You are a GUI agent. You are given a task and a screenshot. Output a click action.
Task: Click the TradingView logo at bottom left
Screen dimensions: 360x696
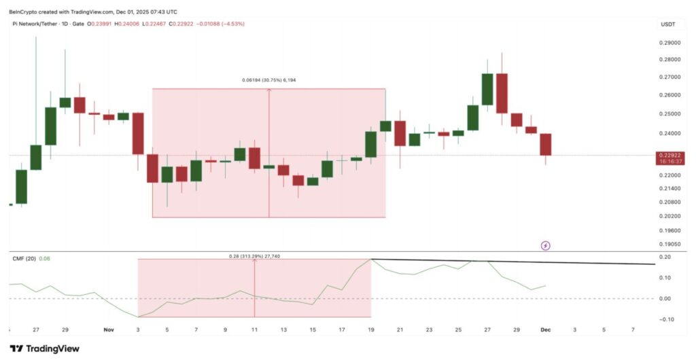coord(45,348)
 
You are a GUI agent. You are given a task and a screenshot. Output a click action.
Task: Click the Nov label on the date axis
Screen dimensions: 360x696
coord(109,329)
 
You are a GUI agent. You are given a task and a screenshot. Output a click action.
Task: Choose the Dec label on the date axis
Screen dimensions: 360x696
coord(544,329)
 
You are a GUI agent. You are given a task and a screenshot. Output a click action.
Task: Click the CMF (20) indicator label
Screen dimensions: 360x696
coord(23,258)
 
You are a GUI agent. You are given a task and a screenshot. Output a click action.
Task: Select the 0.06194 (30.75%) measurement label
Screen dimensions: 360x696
coord(268,80)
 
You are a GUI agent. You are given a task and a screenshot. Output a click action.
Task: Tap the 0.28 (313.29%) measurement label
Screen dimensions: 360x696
coord(254,256)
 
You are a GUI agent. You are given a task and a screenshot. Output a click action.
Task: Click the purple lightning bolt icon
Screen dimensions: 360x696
coord(545,245)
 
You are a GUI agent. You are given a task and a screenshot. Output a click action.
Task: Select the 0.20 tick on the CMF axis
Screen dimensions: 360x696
coord(665,257)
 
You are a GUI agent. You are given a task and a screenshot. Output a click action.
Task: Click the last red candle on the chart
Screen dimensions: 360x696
coord(545,145)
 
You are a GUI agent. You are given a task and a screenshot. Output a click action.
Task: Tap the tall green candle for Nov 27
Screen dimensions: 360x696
coord(487,89)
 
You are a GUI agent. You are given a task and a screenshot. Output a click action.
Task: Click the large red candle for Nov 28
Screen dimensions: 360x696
coord(502,93)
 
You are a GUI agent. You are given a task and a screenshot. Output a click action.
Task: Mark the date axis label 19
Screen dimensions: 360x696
coord(371,329)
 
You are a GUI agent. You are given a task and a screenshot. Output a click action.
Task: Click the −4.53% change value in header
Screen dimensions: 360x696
coord(233,24)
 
